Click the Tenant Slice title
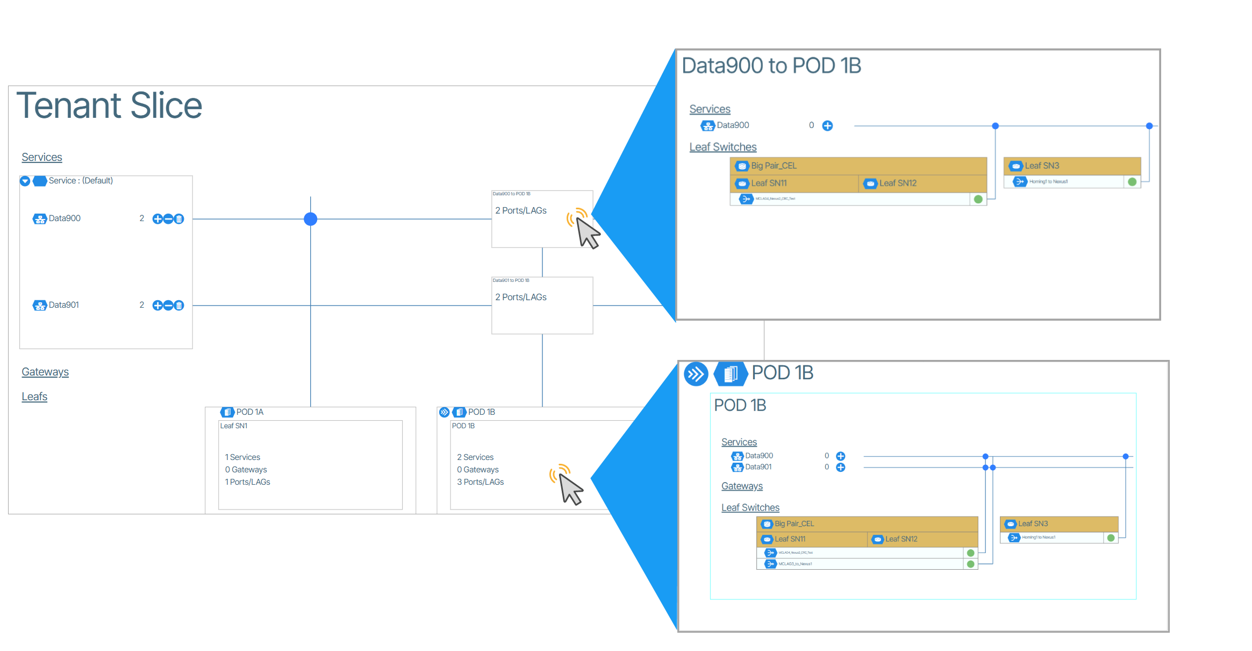click(x=109, y=105)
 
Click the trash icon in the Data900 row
click(x=180, y=219)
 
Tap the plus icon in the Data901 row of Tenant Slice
click(x=158, y=306)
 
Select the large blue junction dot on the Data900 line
click(x=310, y=219)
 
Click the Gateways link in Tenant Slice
click(x=45, y=372)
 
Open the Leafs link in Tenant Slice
click(x=34, y=397)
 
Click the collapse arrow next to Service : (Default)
click(x=25, y=181)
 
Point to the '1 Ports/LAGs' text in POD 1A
click(x=247, y=482)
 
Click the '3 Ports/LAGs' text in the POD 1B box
click(x=480, y=482)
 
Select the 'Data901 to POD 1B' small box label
click(x=511, y=280)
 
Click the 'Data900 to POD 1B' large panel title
click(x=771, y=66)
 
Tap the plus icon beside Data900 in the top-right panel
click(x=827, y=126)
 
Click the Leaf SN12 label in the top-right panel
click(x=897, y=183)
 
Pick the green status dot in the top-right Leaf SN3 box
click(x=1132, y=182)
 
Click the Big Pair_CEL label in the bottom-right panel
click(x=793, y=523)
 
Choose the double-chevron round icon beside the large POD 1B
click(x=696, y=373)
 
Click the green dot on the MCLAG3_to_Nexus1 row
click(x=970, y=564)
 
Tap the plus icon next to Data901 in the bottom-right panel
click(x=841, y=468)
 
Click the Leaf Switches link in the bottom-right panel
click(x=750, y=507)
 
